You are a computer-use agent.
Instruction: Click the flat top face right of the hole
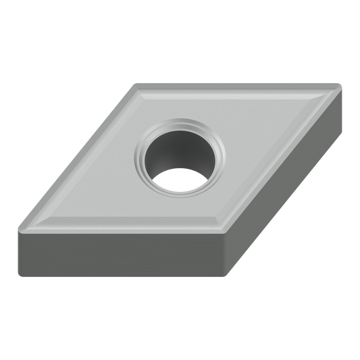[270, 135]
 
